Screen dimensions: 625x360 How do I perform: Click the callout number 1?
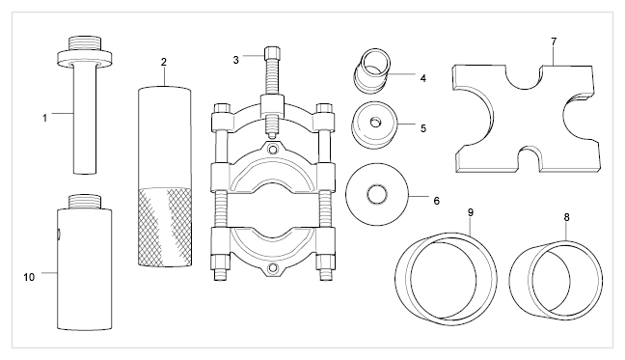[x=45, y=118]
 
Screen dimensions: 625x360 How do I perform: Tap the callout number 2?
[x=163, y=62]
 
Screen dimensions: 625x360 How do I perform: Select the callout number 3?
[x=236, y=60]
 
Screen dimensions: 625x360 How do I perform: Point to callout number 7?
[x=554, y=42]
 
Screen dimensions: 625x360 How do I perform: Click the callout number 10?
[x=29, y=277]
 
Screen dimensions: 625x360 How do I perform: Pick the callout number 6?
[x=437, y=201]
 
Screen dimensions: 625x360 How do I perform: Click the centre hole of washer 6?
[x=377, y=195]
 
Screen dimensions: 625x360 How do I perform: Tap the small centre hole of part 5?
[x=375, y=123]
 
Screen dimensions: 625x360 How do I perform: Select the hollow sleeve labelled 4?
[x=371, y=71]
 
